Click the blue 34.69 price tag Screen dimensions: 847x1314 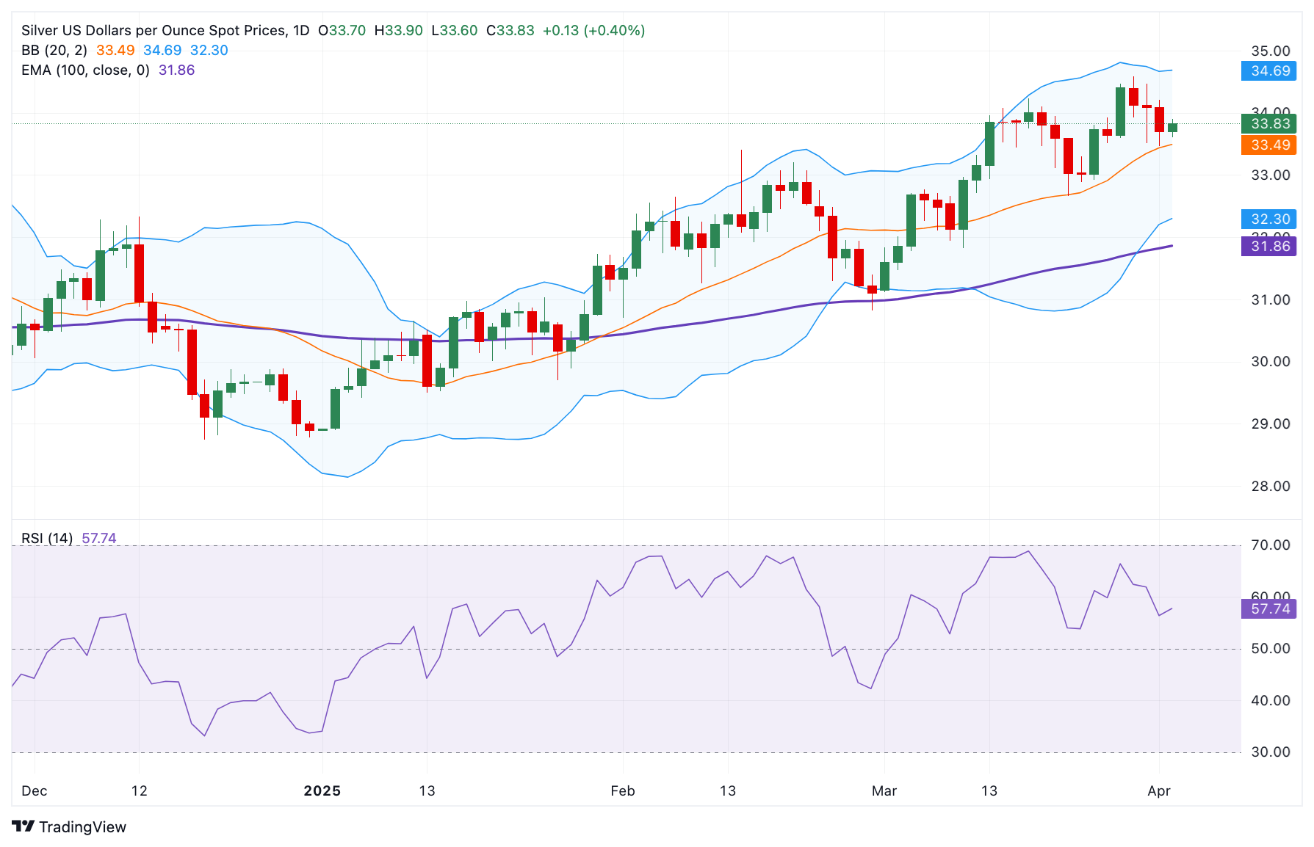[x=1269, y=71]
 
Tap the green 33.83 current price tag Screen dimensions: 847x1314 [x=1269, y=123]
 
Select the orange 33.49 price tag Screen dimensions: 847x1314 [x=1269, y=145]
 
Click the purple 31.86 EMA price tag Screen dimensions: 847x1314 [x=1269, y=247]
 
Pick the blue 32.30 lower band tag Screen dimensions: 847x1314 [x=1269, y=219]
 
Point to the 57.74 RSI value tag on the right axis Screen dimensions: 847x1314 [x=1269, y=608]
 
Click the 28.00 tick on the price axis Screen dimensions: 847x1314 [x=1270, y=486]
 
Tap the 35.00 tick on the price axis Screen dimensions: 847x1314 [x=1270, y=51]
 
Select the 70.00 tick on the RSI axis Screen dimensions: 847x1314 [x=1270, y=545]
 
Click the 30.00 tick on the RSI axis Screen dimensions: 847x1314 [x=1270, y=752]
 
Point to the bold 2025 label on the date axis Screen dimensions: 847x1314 [x=322, y=790]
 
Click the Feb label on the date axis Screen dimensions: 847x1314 [x=622, y=790]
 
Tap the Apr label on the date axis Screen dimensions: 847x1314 [x=1158, y=790]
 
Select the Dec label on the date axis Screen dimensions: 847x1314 [x=35, y=790]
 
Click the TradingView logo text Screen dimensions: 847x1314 [x=82, y=827]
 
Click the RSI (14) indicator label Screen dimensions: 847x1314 [x=47, y=538]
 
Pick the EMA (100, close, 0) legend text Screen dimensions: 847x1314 [x=85, y=70]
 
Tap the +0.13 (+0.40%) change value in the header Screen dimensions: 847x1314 [x=593, y=30]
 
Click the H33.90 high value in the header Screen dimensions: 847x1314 [x=398, y=30]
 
